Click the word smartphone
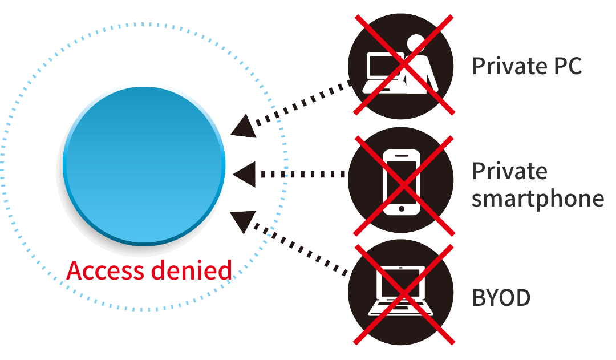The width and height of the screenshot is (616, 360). (538, 199)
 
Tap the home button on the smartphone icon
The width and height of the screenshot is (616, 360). (402, 208)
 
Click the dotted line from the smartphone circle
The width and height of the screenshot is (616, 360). (302, 175)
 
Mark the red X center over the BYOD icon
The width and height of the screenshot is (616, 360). (404, 294)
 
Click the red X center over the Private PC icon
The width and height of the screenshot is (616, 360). (404, 64)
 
